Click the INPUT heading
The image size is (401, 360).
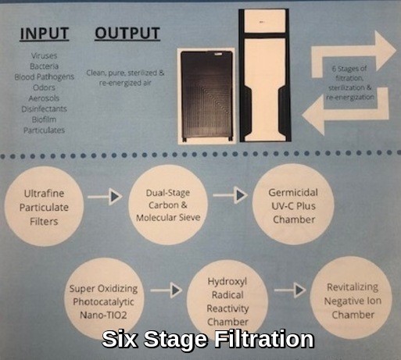pyautogui.click(x=45, y=34)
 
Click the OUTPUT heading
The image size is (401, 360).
pyautogui.click(x=127, y=34)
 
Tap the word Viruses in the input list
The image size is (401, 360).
pyautogui.click(x=44, y=55)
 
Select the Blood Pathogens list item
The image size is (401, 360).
pyautogui.click(x=44, y=77)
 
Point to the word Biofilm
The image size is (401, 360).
pyautogui.click(x=44, y=119)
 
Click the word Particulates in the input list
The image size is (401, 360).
pyautogui.click(x=44, y=130)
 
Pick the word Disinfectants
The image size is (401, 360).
pyautogui.click(x=44, y=109)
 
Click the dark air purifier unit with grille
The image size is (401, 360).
pyautogui.click(x=206, y=96)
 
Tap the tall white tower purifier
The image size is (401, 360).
pyautogui.click(x=264, y=76)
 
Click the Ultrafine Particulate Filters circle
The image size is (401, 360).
pyautogui.click(x=44, y=206)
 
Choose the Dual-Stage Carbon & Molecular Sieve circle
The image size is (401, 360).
pyautogui.click(x=168, y=205)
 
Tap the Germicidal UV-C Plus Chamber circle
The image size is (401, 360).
pyautogui.click(x=293, y=205)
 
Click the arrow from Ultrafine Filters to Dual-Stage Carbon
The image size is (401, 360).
pyautogui.click(x=105, y=197)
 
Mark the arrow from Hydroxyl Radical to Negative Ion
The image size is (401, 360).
pyautogui.click(x=290, y=290)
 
